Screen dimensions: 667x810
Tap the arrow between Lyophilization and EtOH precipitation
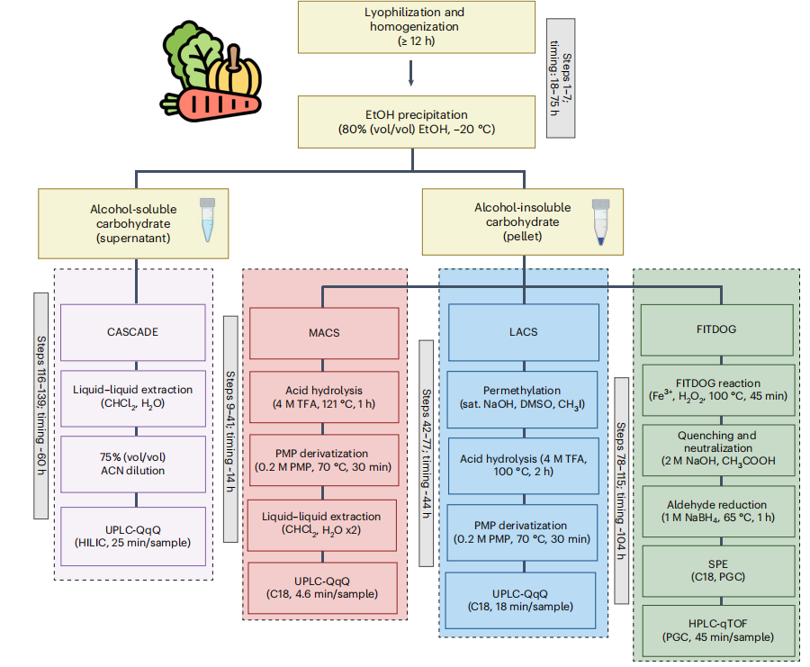[411, 74]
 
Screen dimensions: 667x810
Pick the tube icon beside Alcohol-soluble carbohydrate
[208, 220]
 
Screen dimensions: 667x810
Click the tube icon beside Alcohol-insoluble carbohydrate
[600, 221]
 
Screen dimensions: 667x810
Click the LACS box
[522, 331]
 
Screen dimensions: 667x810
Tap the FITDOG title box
[715, 329]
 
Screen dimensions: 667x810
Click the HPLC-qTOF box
[715, 630]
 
